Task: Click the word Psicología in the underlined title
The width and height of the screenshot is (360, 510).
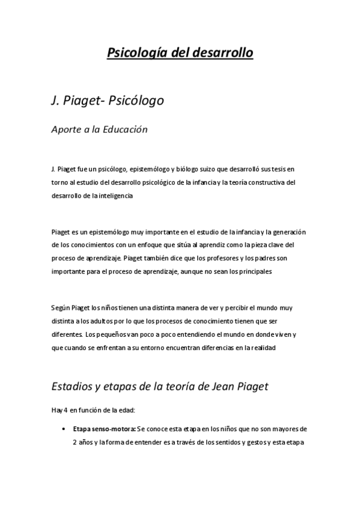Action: click(x=136, y=54)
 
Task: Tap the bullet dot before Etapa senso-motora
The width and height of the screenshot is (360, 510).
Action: click(x=64, y=430)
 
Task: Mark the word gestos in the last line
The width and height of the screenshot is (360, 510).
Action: click(x=243, y=443)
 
